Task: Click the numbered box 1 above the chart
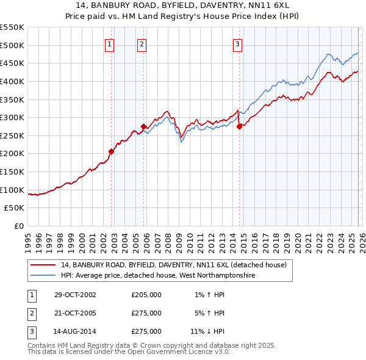click(109, 43)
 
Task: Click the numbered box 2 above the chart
click(142, 43)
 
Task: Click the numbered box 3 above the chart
click(237, 43)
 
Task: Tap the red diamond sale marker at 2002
click(112, 151)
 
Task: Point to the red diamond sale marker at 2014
click(240, 126)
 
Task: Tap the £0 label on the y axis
click(18, 226)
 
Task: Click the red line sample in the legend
click(43, 265)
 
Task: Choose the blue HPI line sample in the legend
click(43, 276)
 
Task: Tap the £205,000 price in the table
click(146, 295)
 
